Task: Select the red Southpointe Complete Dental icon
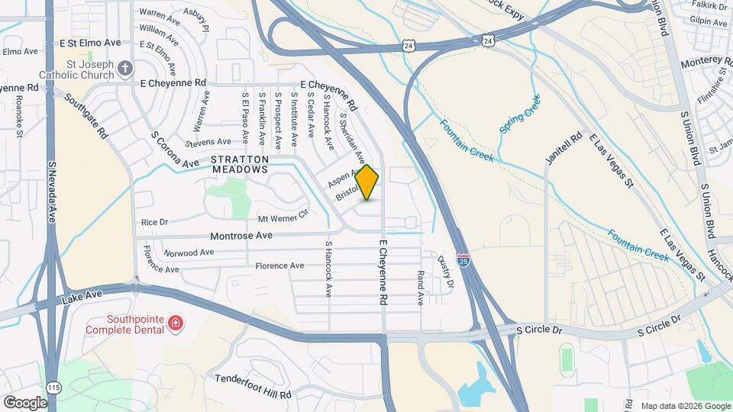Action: point(177,323)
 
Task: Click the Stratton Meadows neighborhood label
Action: point(240,164)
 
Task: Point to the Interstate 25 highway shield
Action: point(463,260)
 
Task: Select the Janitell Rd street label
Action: point(558,147)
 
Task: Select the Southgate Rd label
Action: point(86,115)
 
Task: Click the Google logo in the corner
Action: point(26,402)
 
